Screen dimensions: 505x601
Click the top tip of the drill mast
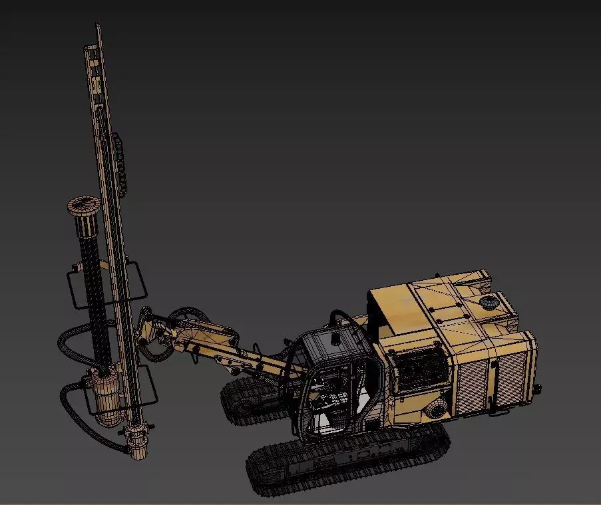click(99, 28)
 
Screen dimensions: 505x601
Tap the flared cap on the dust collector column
click(83, 205)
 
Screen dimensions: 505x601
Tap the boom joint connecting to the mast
click(150, 330)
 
